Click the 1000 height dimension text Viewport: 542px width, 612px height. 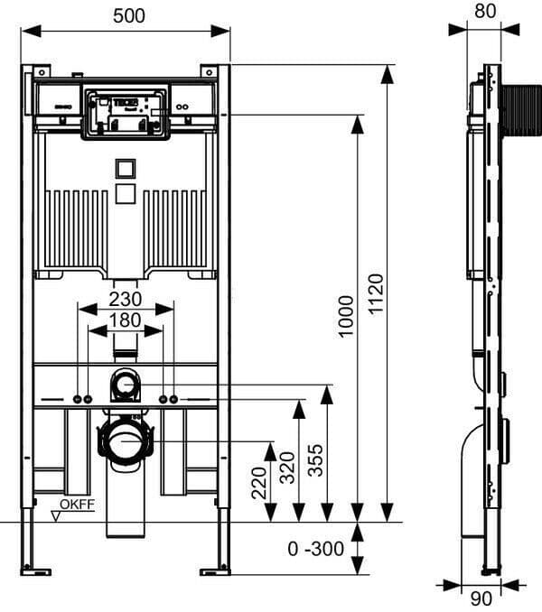point(346,317)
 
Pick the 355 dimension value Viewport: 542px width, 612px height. point(313,460)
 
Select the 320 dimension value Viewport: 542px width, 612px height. point(287,467)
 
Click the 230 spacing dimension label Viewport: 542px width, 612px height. point(126,298)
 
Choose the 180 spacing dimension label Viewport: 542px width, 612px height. point(126,320)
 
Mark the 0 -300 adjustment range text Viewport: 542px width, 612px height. point(316,549)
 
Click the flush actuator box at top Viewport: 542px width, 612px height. point(126,113)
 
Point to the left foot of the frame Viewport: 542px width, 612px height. point(36,570)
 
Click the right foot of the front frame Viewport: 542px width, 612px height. point(215,570)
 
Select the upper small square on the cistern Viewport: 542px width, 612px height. point(126,168)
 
